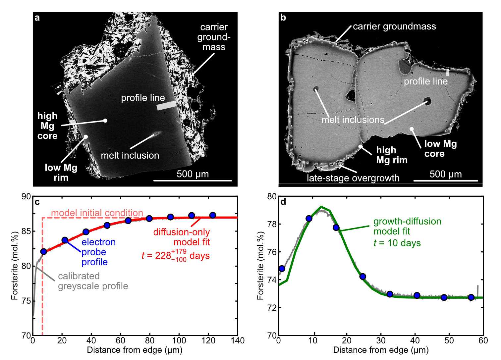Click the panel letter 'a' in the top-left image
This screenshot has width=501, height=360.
click(37, 18)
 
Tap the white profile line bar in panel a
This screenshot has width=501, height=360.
click(166, 106)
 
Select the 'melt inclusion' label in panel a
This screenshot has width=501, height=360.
click(130, 155)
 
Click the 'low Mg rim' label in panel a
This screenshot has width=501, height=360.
click(61, 173)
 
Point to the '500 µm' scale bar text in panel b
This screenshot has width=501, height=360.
click(445, 174)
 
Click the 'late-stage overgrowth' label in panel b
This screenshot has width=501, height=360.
click(353, 178)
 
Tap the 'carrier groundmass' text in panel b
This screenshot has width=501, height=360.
click(394, 26)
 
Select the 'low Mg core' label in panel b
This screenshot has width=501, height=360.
click(440, 149)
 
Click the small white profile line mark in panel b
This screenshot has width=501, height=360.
click(448, 73)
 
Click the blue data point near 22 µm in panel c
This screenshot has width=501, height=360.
click(65, 240)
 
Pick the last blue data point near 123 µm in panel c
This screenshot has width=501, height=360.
click(213, 215)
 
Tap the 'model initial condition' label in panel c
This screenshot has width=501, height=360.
click(97, 213)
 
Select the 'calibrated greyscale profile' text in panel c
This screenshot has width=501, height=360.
click(93, 281)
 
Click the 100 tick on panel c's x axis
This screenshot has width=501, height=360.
click(179, 340)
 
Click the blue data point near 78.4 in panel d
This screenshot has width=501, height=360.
click(309, 219)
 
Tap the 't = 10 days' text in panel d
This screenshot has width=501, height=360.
click(397, 243)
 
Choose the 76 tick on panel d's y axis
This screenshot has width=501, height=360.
click(272, 252)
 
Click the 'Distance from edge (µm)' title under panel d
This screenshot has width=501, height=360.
click(381, 350)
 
